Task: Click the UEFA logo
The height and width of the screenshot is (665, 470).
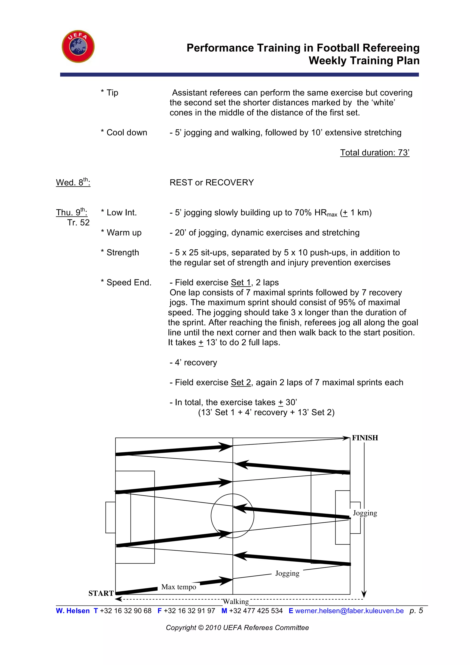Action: [78, 46]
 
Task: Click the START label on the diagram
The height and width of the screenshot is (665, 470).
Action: [101, 593]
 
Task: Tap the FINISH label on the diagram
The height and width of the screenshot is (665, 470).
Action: [365, 438]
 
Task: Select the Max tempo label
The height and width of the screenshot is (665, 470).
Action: [179, 587]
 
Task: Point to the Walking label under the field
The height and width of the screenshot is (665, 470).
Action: [236, 602]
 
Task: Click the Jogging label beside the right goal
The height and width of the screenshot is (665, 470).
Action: [365, 513]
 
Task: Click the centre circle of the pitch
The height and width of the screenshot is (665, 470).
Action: [232, 516]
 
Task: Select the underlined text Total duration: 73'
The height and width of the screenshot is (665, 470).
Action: [375, 153]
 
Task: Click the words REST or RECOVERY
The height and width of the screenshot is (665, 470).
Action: [212, 183]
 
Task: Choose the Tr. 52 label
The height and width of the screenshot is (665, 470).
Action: [78, 223]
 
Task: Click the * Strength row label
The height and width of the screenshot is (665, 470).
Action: [120, 253]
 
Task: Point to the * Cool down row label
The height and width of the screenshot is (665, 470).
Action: [124, 133]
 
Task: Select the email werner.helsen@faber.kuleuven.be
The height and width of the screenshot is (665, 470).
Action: [349, 611]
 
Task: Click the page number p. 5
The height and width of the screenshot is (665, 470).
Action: [416, 611]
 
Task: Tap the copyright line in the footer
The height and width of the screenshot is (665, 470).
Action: [237, 628]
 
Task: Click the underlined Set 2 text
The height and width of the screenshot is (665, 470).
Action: [241, 383]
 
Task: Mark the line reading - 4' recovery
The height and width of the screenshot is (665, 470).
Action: [193, 363]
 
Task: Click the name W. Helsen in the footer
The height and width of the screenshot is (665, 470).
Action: [73, 611]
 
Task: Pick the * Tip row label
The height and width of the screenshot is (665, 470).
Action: [109, 93]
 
